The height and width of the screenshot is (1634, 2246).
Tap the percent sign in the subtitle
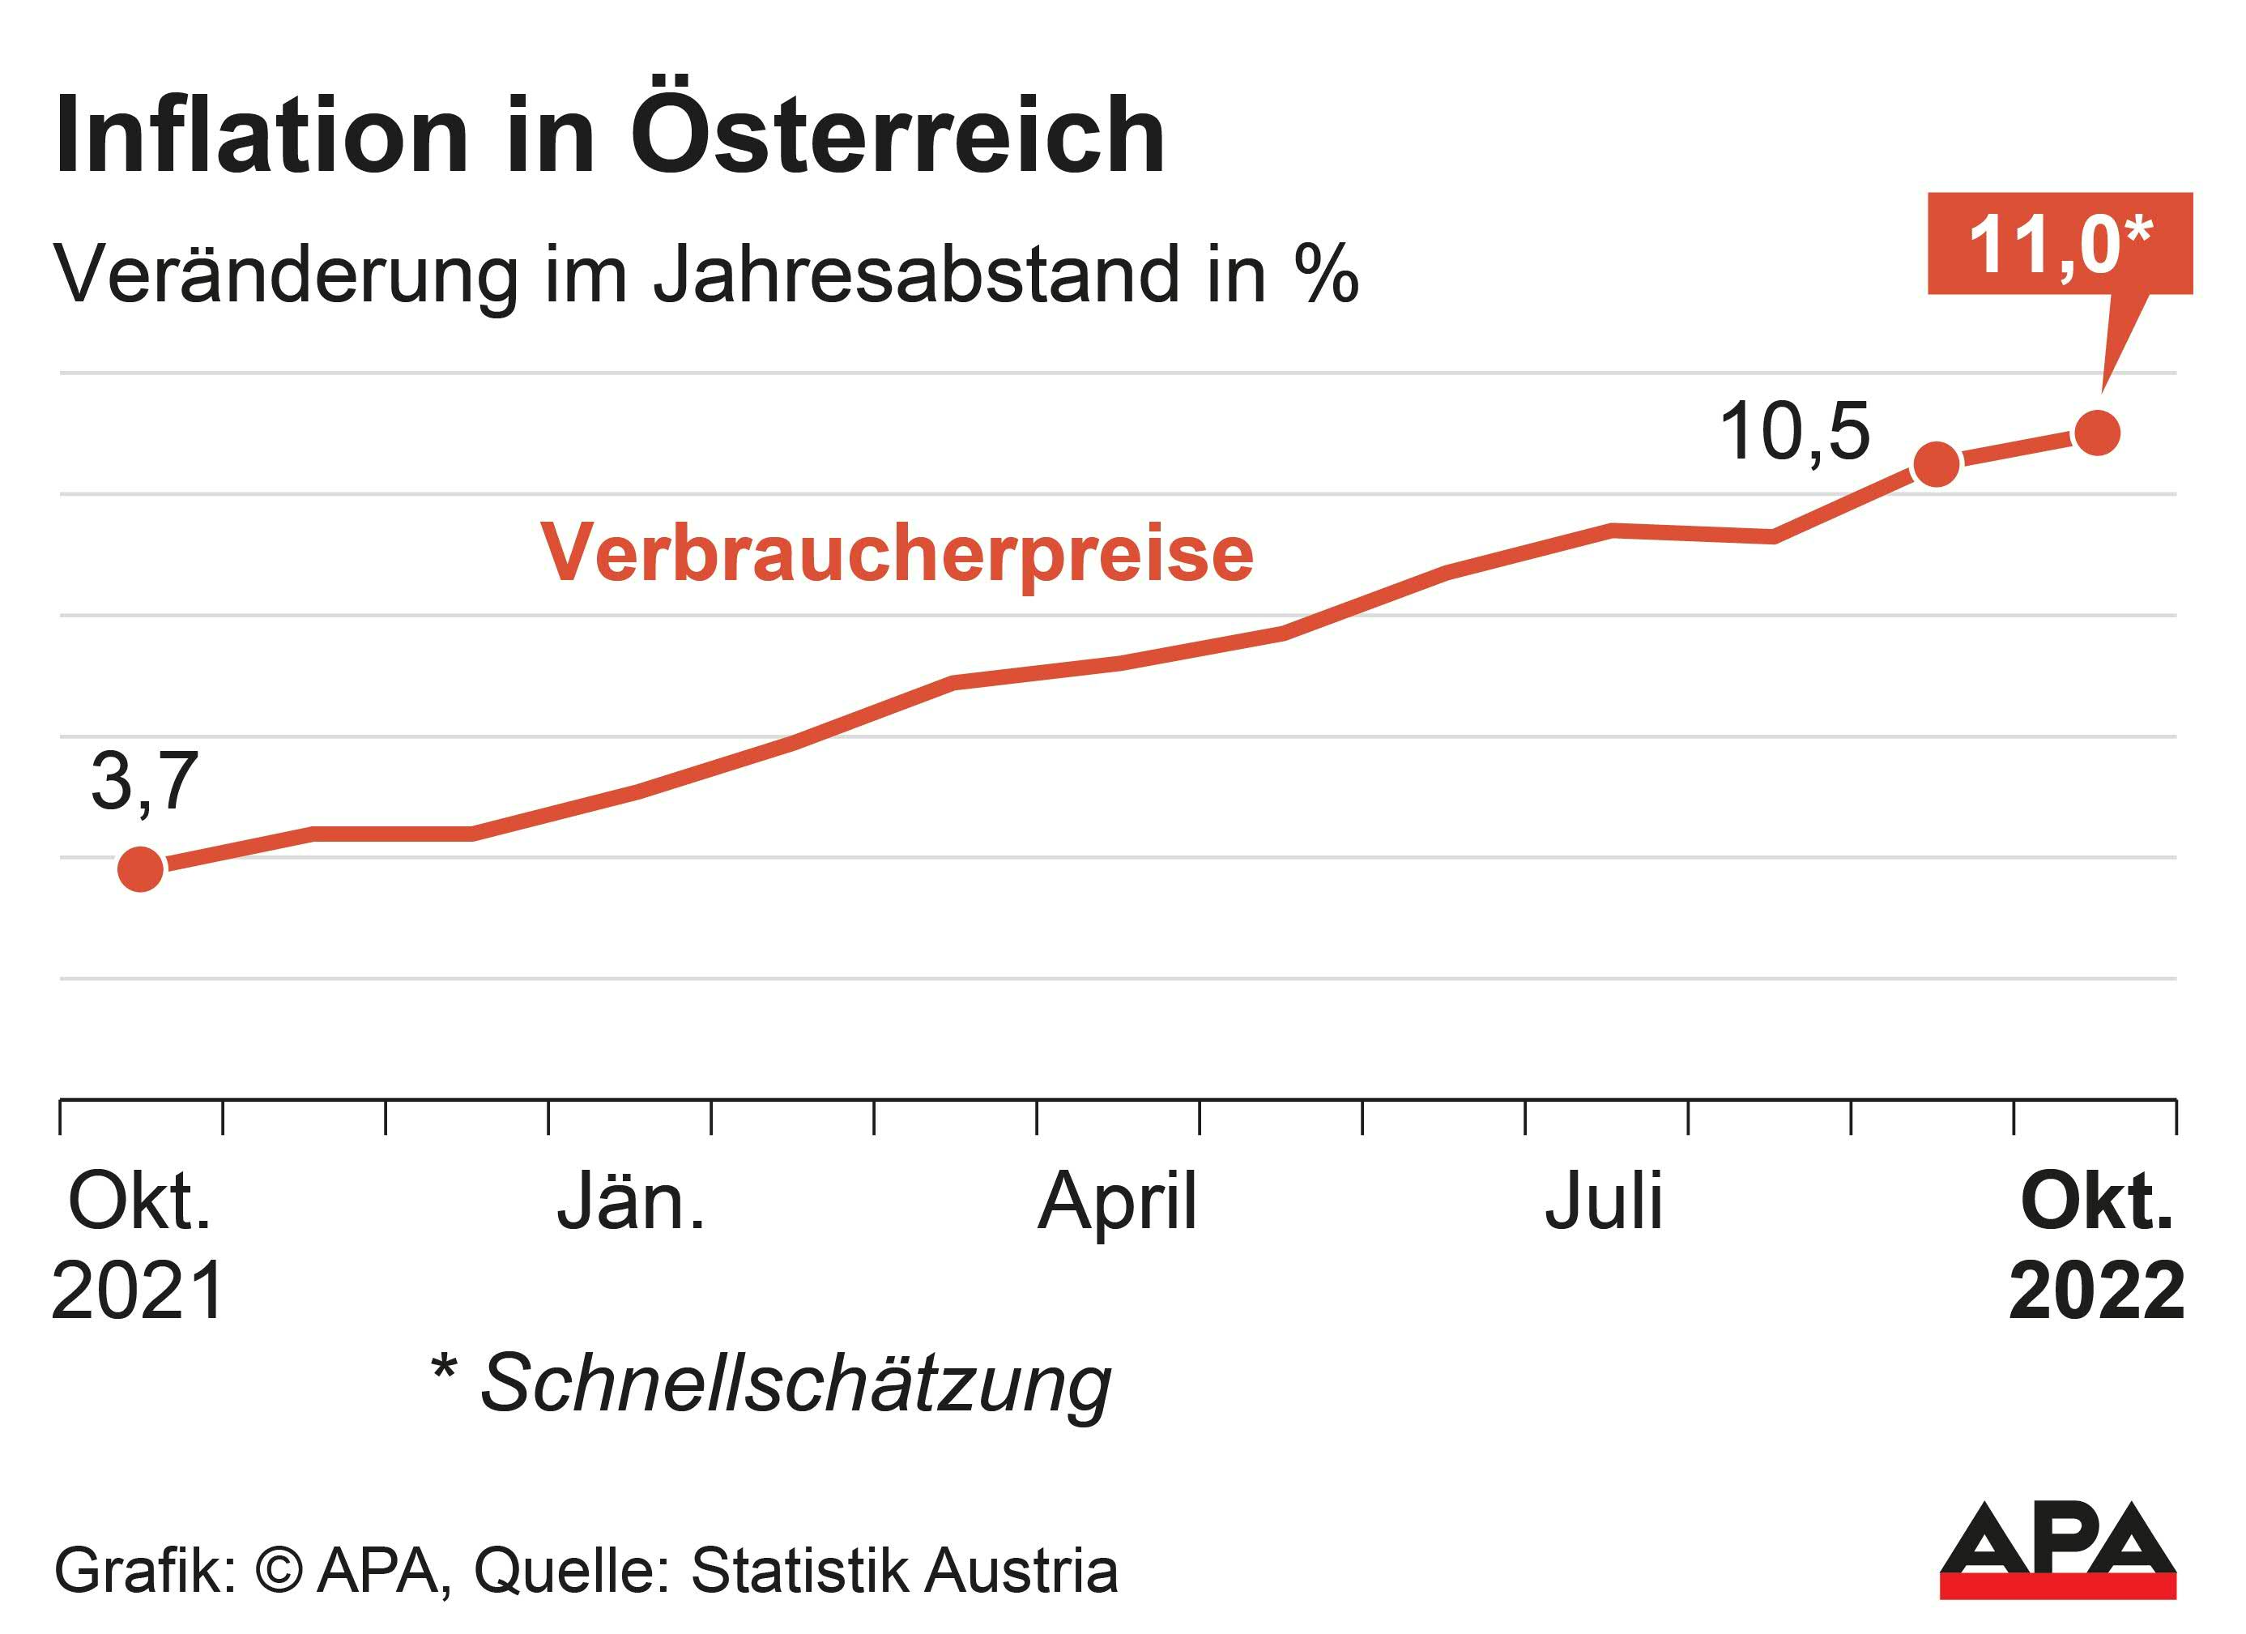coord(1325,275)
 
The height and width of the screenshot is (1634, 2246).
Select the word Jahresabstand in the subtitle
coord(917,276)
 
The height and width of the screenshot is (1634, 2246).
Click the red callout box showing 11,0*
coord(2059,244)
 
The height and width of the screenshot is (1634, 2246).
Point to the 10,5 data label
coord(1794,433)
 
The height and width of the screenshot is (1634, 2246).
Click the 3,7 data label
coord(145,781)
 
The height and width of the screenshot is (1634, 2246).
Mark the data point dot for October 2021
coord(141,869)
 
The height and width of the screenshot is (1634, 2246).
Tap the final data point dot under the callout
coord(2096,433)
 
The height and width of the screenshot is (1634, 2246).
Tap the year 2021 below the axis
coord(139,1292)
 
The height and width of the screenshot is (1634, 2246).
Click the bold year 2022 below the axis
coord(2096,1292)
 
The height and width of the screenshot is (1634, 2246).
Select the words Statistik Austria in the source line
coord(904,1571)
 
